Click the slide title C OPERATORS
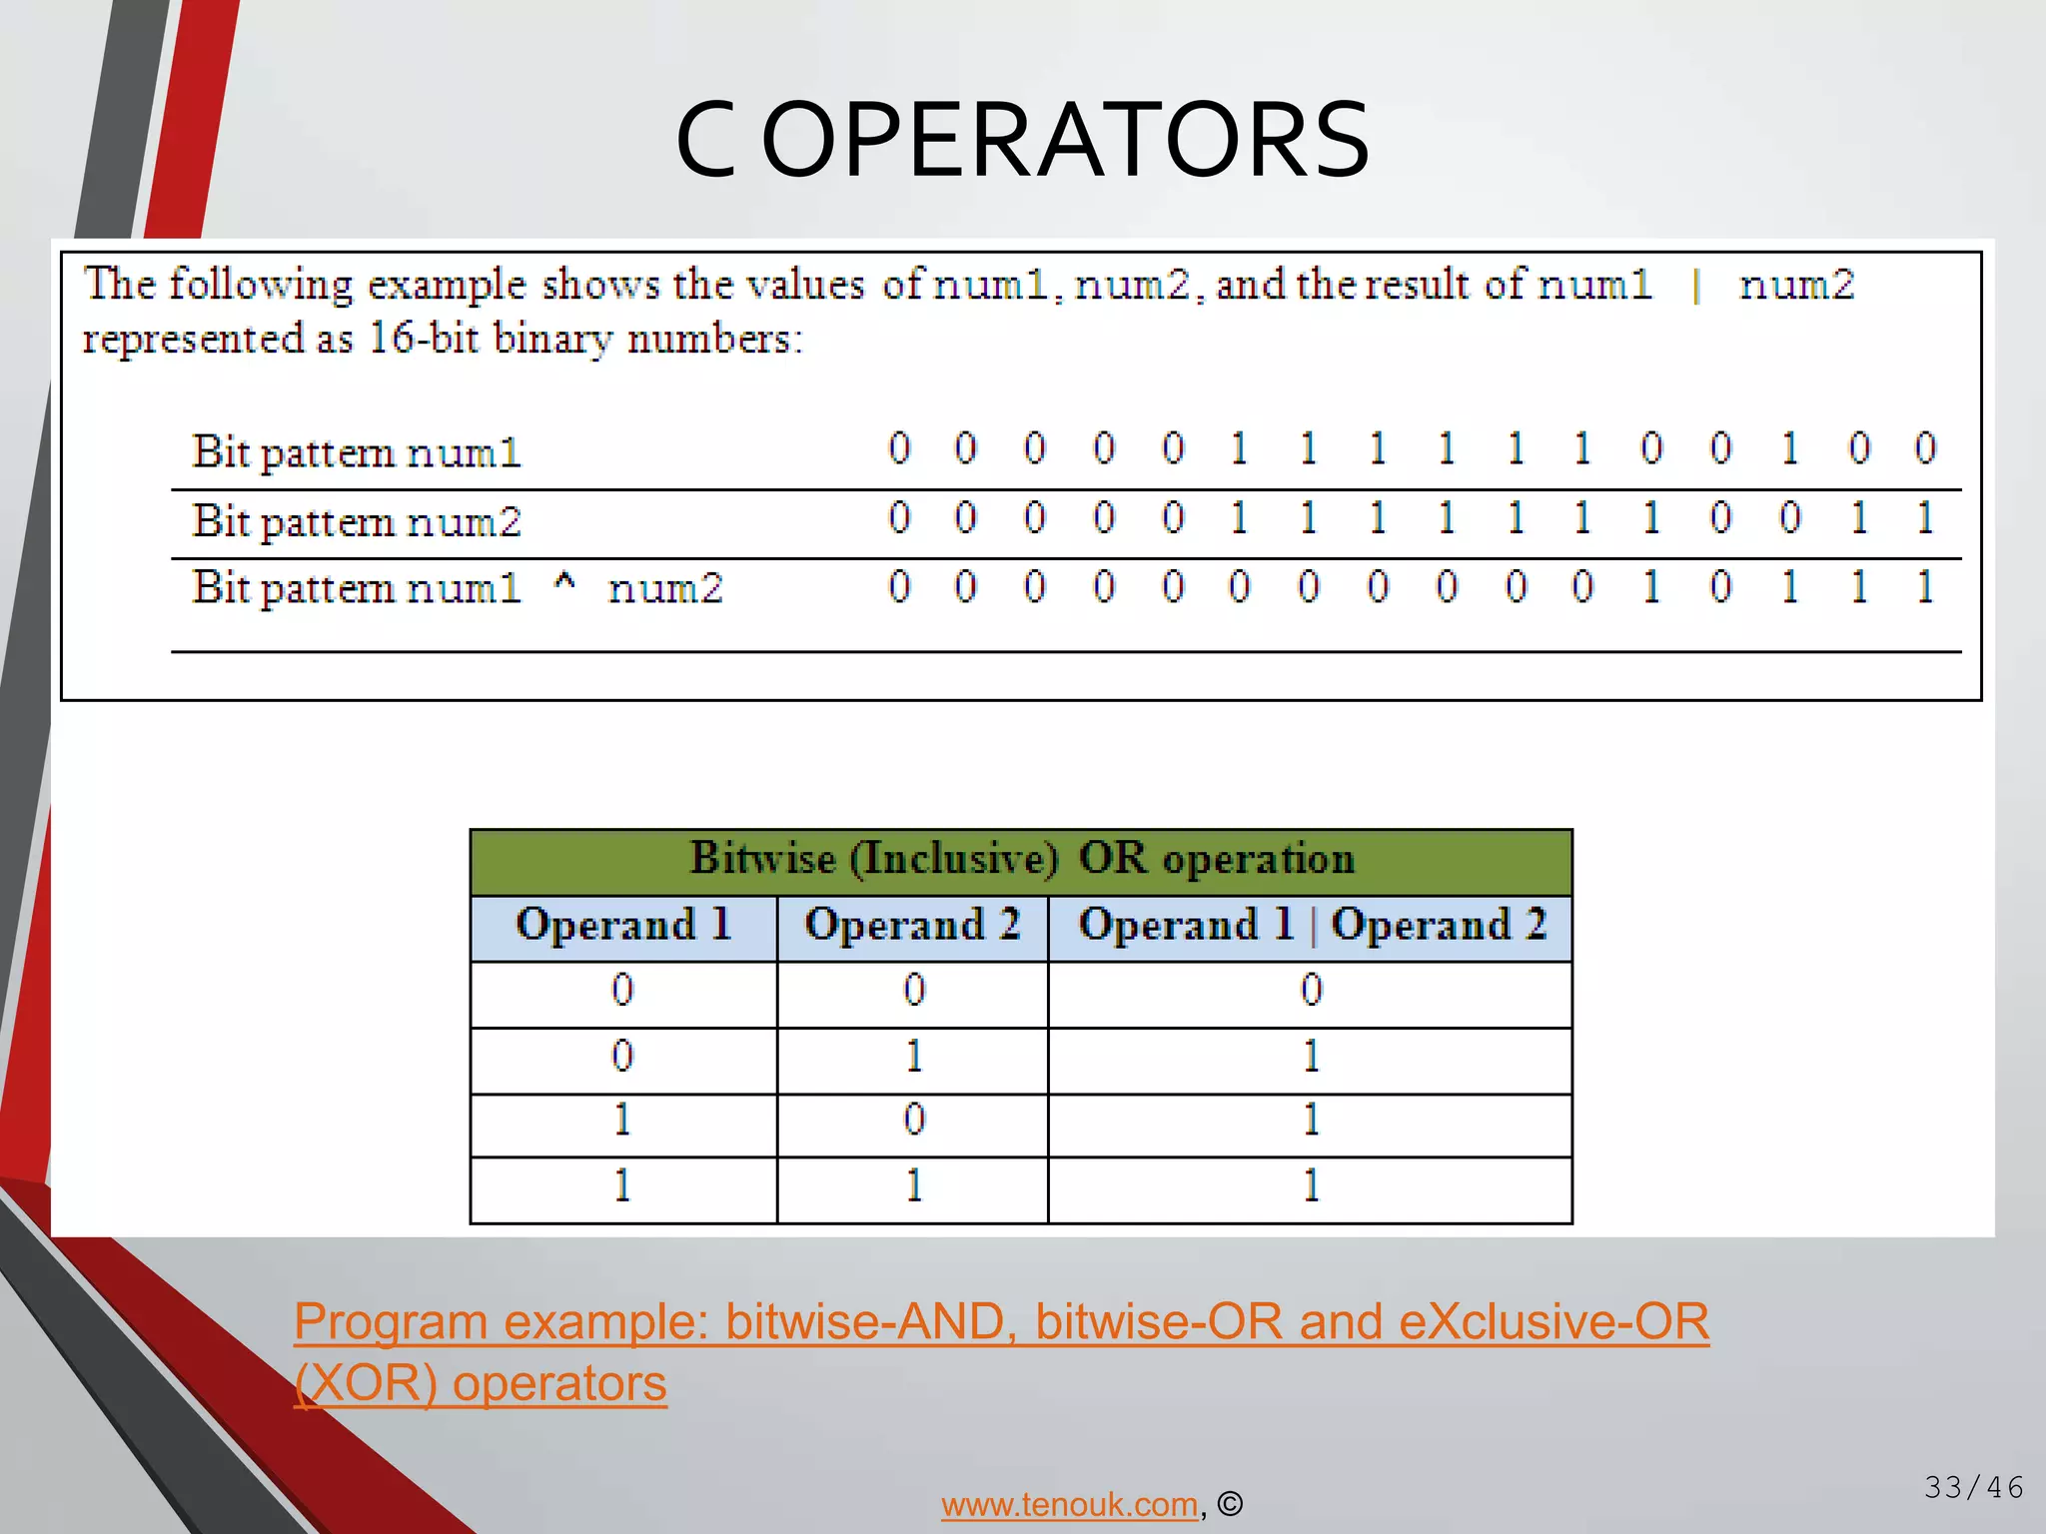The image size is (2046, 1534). tap(1022, 140)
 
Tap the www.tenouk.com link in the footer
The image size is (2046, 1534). tap(1069, 1504)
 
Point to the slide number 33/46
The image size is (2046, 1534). tap(1973, 1487)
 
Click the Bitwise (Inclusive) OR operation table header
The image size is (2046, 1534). tap(1021, 859)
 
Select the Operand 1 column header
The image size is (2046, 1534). tap(623, 925)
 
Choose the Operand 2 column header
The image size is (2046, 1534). tap(912, 925)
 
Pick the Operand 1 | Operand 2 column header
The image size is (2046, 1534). tap(1311, 925)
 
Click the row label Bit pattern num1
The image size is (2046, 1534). tap(357, 451)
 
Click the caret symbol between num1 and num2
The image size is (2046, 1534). tap(564, 583)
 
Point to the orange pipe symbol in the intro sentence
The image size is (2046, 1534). tap(1696, 287)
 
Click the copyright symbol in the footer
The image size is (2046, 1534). tap(1230, 1504)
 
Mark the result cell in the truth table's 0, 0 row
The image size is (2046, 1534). tap(1311, 991)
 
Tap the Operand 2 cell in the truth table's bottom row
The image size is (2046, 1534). tap(913, 1186)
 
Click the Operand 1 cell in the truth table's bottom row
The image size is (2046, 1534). tap(622, 1186)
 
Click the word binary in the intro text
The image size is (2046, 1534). tap(552, 340)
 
